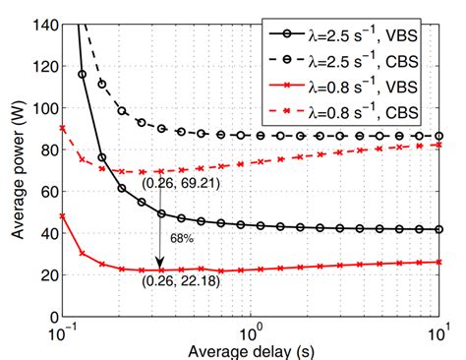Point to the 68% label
(180, 236)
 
